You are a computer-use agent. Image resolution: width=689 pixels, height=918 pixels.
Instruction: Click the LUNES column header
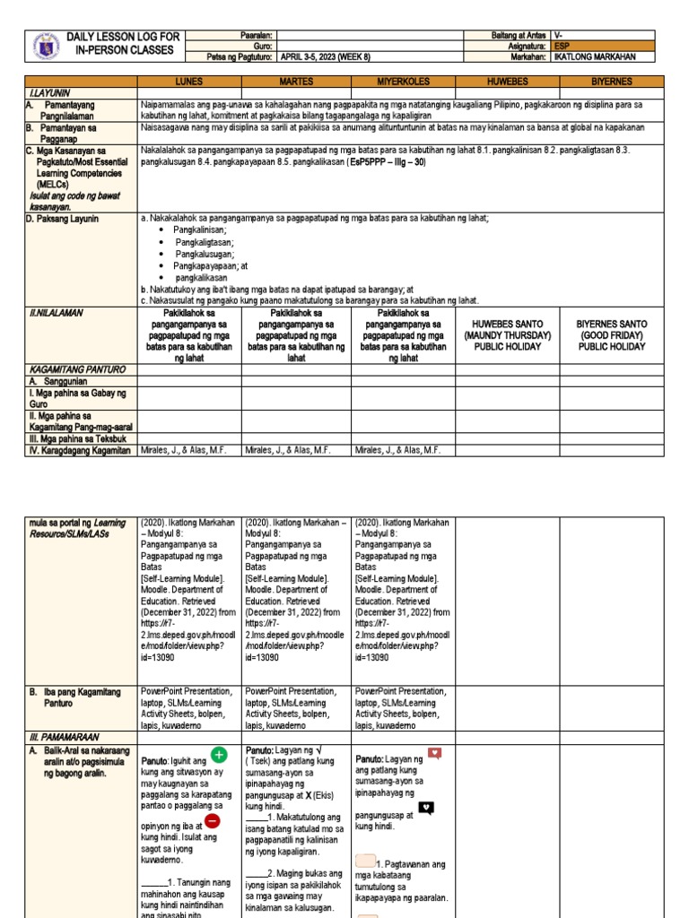click(x=189, y=82)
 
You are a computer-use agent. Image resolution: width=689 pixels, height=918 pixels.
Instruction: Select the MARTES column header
click(x=296, y=82)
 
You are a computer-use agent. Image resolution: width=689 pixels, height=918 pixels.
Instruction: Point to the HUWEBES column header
click(x=508, y=82)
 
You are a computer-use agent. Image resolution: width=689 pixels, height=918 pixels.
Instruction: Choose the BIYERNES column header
click(x=610, y=82)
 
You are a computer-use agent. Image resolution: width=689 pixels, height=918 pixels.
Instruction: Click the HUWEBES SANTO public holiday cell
click(x=510, y=335)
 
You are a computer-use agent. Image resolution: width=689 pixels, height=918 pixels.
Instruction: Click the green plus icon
click(x=219, y=755)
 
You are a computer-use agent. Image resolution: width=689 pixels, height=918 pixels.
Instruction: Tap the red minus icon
click(x=213, y=820)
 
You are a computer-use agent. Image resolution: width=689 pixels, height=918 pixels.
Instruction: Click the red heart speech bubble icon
click(x=434, y=753)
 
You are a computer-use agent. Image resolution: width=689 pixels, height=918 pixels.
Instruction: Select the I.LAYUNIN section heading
click(x=46, y=92)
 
